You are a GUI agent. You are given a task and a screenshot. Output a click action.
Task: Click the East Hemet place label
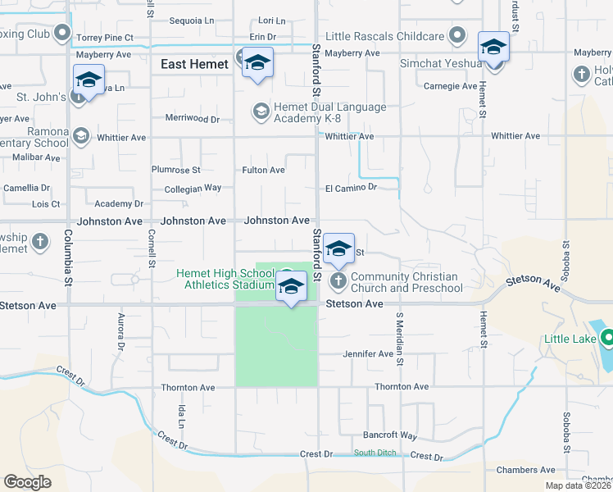point(195,64)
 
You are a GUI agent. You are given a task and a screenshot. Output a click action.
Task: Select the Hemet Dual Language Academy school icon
point(261,111)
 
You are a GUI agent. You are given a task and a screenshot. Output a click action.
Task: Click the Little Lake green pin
point(607,338)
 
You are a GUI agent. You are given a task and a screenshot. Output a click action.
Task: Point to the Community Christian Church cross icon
point(338,282)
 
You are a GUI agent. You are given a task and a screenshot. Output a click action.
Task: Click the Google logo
point(27,482)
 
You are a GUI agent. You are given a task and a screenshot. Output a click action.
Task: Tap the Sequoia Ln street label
point(190,20)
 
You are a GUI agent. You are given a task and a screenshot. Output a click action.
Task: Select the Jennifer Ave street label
point(368,354)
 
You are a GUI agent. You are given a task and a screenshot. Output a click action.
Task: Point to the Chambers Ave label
point(526,470)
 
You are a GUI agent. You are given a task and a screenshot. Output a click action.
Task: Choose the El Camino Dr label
point(350,188)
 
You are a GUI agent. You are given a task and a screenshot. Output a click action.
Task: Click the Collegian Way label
point(192,188)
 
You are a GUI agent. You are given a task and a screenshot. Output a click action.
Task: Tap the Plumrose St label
point(175,170)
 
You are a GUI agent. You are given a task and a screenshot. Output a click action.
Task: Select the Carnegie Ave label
point(450,86)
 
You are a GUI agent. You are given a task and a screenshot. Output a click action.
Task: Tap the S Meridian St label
point(401,338)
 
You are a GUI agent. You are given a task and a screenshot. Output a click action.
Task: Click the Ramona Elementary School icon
point(80,135)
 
